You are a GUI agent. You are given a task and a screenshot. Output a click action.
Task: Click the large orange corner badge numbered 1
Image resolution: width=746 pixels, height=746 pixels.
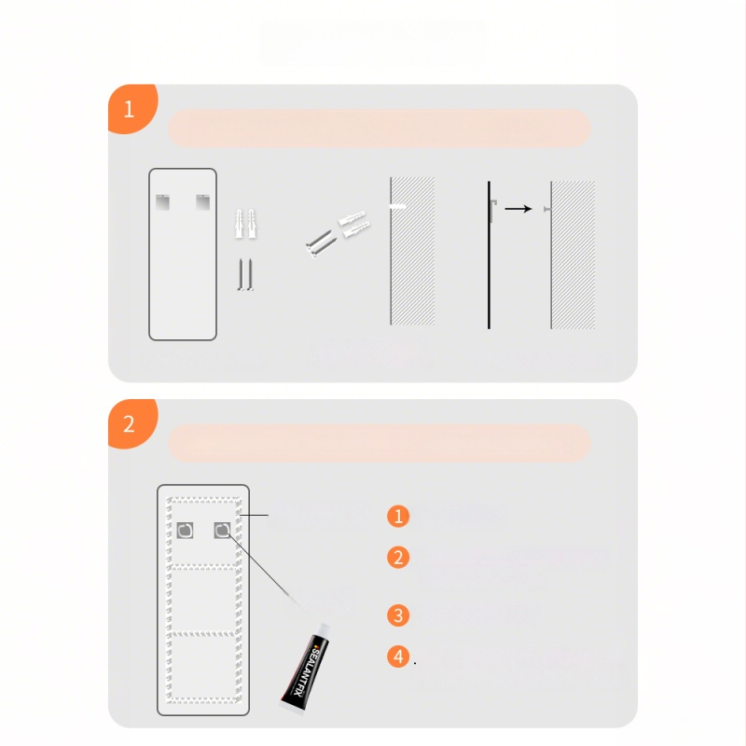[131, 108]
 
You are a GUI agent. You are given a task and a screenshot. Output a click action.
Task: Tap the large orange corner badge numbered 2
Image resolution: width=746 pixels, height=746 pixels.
[131, 423]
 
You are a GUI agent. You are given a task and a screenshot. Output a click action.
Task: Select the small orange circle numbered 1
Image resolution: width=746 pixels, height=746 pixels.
[398, 517]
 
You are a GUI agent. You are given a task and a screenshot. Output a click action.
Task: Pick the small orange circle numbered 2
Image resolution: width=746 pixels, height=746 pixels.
[398, 558]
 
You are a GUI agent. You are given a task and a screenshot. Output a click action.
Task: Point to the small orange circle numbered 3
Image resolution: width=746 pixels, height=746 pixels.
[398, 615]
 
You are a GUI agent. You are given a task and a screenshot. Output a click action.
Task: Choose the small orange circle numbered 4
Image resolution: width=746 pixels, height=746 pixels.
[398, 656]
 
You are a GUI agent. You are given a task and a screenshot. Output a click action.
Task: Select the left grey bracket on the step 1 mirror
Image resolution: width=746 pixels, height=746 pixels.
[162, 202]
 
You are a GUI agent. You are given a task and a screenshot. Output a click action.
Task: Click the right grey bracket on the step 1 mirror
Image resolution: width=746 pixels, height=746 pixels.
[203, 202]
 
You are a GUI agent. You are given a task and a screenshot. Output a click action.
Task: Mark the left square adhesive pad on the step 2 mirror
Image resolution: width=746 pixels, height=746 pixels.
[185, 530]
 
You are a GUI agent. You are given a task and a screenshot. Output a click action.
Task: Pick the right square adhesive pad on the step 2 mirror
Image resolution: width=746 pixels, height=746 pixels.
[222, 530]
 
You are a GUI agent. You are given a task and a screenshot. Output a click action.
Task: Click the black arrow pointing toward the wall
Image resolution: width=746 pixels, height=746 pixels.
[518, 209]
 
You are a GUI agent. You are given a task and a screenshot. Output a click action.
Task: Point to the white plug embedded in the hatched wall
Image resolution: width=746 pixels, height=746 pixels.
[398, 206]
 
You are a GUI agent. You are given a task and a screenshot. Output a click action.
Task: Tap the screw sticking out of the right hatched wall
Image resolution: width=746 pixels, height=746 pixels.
[547, 209]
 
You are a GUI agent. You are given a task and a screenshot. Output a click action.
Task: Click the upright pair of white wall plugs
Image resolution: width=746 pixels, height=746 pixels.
[245, 224]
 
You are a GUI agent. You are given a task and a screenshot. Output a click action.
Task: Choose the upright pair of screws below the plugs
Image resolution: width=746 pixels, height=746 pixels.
[245, 274]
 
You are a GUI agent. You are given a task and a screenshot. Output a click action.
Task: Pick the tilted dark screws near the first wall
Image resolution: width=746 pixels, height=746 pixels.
[321, 243]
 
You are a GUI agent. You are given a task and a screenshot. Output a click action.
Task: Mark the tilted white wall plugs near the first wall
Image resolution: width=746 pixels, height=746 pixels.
[354, 225]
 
